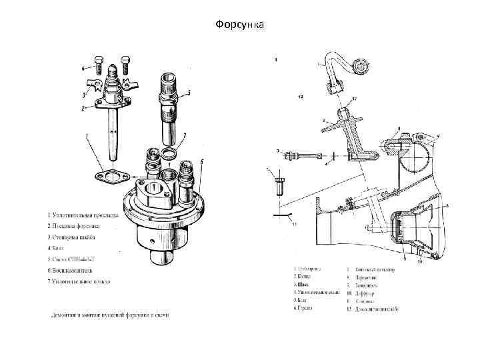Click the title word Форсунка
[240, 25]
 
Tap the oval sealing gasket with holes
[111, 177]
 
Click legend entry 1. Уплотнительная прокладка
[83, 215]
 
